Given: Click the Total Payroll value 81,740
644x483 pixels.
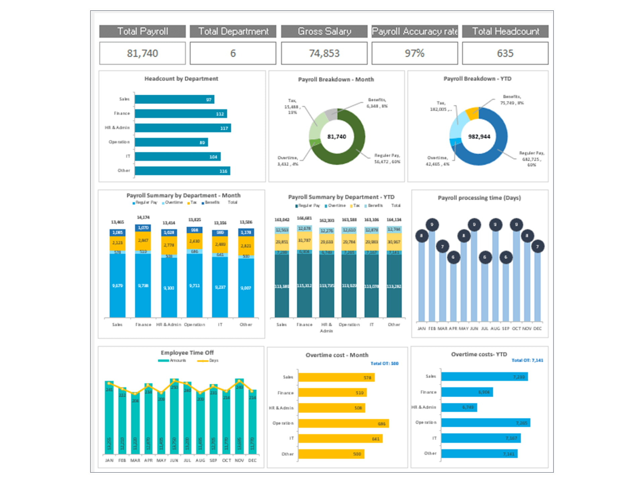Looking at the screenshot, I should (x=142, y=53).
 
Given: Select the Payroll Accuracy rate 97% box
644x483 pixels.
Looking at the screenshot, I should (x=415, y=53).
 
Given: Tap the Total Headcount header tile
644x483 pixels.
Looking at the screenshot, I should (x=505, y=31).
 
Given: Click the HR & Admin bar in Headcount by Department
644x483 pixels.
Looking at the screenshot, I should (x=183, y=128).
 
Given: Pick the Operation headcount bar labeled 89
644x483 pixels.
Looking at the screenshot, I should (x=171, y=142).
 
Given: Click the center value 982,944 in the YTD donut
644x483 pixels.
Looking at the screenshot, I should (x=479, y=137).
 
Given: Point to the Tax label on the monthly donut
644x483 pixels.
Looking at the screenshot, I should (x=292, y=100).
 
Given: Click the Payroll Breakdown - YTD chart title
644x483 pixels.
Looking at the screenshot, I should (x=477, y=78).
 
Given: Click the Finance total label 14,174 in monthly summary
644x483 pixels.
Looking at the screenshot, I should (x=143, y=217).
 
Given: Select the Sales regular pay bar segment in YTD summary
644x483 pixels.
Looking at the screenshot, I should (x=282, y=285).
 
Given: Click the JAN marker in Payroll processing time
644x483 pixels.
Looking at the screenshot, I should (x=421, y=236).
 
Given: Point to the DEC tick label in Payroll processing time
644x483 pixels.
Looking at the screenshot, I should (x=537, y=328).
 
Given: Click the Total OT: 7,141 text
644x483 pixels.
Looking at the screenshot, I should (x=527, y=360).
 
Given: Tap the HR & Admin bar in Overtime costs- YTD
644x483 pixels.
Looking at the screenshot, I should (x=459, y=407).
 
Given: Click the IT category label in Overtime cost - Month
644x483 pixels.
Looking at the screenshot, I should (x=291, y=438).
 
